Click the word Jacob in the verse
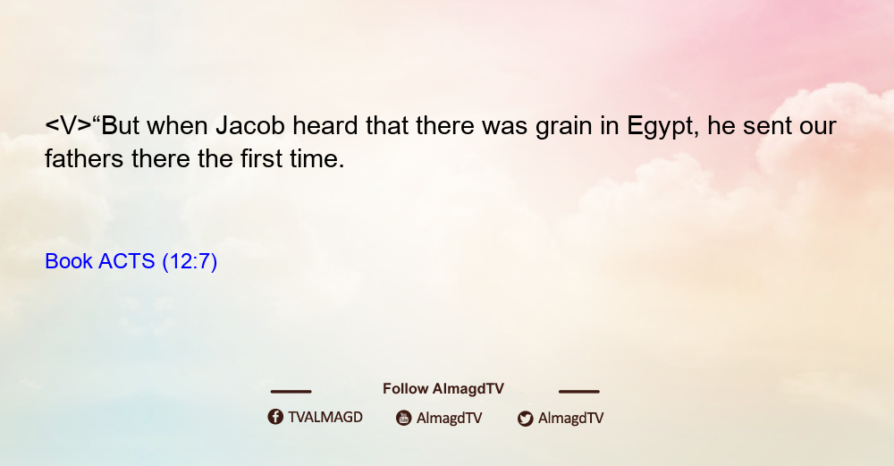250,125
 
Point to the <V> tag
68,125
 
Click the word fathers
84,158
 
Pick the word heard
325,125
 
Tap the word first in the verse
260,158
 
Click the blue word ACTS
127,261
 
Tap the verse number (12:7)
190,262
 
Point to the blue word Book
69,261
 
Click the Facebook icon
275,417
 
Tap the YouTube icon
404,418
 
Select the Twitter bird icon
525,419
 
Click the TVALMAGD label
325,418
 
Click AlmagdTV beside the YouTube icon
450,419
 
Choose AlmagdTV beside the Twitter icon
570,419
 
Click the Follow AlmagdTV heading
443,389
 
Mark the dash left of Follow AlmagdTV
291,392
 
